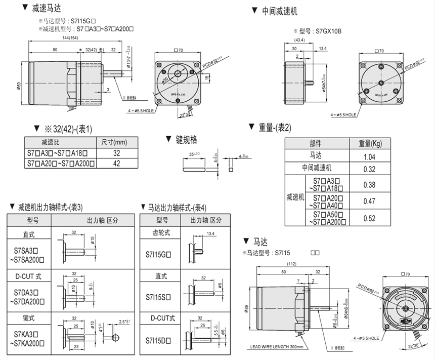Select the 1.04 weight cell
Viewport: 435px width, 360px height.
pyautogui.click(x=369, y=157)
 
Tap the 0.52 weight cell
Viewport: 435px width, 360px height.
pyautogui.click(x=369, y=218)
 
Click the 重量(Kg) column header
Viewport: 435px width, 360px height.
pyautogui.click(x=370, y=144)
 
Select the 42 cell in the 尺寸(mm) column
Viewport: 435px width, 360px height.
pyautogui.click(x=117, y=164)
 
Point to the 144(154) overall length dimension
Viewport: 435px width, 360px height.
pyautogui.click(x=72, y=38)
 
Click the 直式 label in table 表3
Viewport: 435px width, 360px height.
pyautogui.click(x=28, y=235)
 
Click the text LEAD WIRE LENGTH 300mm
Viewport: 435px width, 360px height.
pyautogui.click(x=276, y=347)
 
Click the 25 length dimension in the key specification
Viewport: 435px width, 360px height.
pyautogui.click(x=192, y=152)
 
